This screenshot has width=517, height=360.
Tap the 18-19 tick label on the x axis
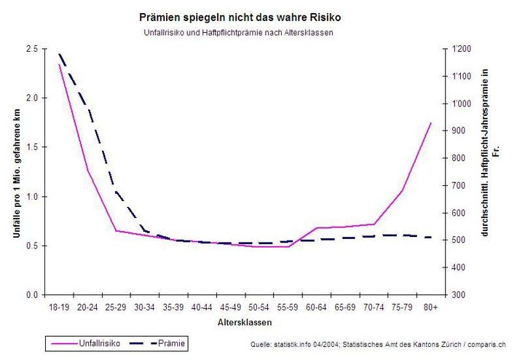[x=60, y=308]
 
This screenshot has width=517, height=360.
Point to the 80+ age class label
[x=431, y=308]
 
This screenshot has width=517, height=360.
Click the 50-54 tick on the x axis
[x=259, y=308]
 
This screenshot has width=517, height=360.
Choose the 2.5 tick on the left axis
[x=32, y=49]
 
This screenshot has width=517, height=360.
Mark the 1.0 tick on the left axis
[x=32, y=197]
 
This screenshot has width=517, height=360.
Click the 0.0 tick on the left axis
[x=32, y=295]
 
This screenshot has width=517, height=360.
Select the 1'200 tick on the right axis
[x=461, y=49]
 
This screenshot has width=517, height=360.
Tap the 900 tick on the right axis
[x=458, y=131]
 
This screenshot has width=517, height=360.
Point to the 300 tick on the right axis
[x=458, y=295]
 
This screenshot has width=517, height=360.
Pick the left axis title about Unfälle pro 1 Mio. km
[x=16, y=171]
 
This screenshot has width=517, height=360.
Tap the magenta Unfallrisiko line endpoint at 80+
[x=431, y=123]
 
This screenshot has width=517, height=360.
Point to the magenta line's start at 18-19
[x=60, y=65]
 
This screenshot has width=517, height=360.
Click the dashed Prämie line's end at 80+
[x=431, y=238]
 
